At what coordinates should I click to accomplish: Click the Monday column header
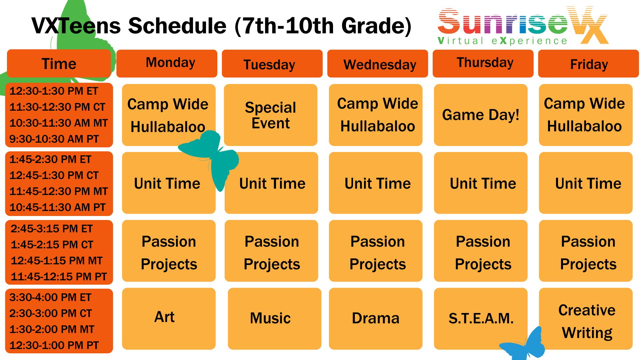click(x=167, y=63)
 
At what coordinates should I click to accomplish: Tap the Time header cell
click(x=59, y=63)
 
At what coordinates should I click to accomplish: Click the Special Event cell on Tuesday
click(x=271, y=115)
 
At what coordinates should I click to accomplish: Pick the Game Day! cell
click(x=481, y=115)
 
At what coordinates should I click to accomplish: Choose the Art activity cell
click(x=169, y=319)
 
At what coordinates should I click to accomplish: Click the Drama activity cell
click(x=376, y=319)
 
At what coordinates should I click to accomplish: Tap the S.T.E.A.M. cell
click(x=481, y=319)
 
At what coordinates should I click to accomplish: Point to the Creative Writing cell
click(x=586, y=319)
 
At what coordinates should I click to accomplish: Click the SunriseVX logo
click(x=523, y=26)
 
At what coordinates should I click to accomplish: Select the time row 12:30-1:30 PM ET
click(x=54, y=91)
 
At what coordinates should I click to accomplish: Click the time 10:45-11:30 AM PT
click(x=57, y=207)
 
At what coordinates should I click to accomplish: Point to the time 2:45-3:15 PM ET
click(x=52, y=229)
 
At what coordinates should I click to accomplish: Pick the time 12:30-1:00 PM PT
click(x=54, y=345)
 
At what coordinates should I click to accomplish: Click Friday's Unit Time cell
click(x=586, y=183)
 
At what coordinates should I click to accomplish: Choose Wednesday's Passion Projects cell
click(x=376, y=251)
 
